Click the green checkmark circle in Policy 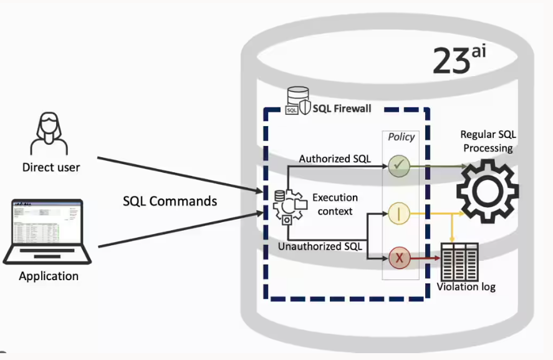pyautogui.click(x=398, y=165)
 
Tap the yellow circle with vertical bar pyautogui.click(x=398, y=213)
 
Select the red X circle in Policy pyautogui.click(x=398, y=257)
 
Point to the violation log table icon pyautogui.click(x=459, y=261)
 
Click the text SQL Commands pyautogui.click(x=170, y=201)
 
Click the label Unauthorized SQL pyautogui.click(x=319, y=246)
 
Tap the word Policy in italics pyautogui.click(x=401, y=137)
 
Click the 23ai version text pyautogui.click(x=458, y=60)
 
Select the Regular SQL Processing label pyautogui.click(x=488, y=142)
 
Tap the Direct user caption pyautogui.click(x=51, y=167)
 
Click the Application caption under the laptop pyautogui.click(x=49, y=276)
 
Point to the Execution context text pyautogui.click(x=335, y=204)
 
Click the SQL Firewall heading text pyautogui.click(x=342, y=109)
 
